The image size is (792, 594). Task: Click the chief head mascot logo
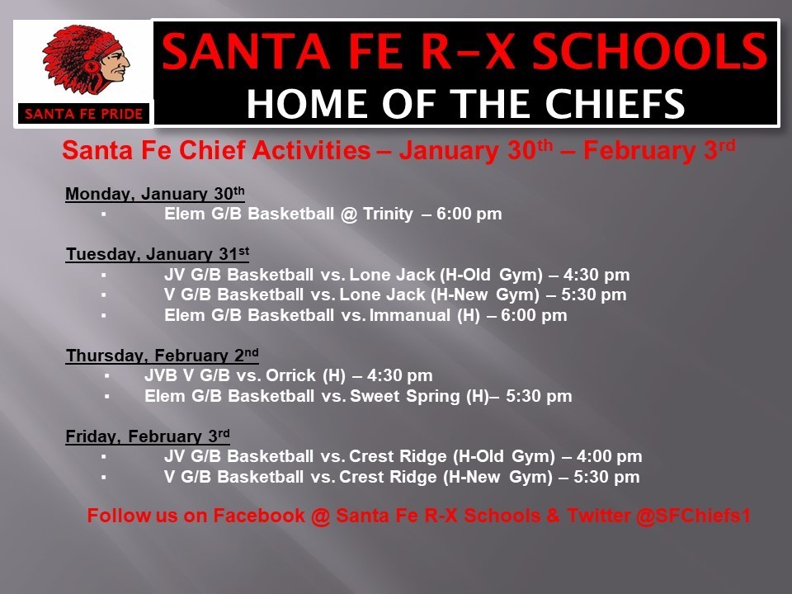pyautogui.click(x=86, y=60)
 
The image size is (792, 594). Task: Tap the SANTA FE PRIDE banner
pyautogui.click(x=84, y=114)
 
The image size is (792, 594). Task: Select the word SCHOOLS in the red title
pyautogui.click(x=650, y=51)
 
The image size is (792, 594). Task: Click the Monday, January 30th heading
pyautogui.click(x=155, y=193)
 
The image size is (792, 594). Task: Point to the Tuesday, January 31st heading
pyautogui.click(x=158, y=253)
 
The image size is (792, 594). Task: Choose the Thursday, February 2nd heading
pyautogui.click(x=163, y=355)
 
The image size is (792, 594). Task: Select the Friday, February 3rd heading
pyautogui.click(x=148, y=436)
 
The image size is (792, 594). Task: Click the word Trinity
pyautogui.click(x=388, y=214)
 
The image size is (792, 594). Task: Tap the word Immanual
pyautogui.click(x=410, y=315)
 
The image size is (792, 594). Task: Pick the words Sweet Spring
pyautogui.click(x=405, y=397)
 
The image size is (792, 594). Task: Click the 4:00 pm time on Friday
pyautogui.click(x=609, y=456)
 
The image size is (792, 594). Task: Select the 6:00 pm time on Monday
pyautogui.click(x=469, y=214)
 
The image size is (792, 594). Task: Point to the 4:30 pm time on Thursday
pyautogui.click(x=399, y=376)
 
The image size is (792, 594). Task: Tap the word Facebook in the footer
pyautogui.click(x=258, y=516)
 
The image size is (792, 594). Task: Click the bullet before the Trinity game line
pyautogui.click(x=104, y=214)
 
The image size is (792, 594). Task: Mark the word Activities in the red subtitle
pyautogui.click(x=311, y=150)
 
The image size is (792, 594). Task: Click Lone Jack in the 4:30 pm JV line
pyautogui.click(x=392, y=275)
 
